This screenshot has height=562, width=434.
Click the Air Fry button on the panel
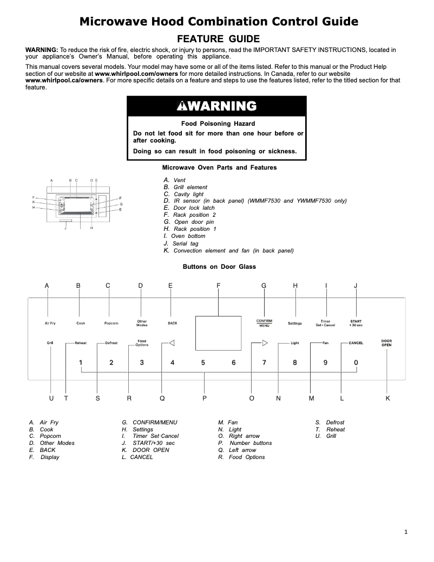pyautogui.click(x=50, y=324)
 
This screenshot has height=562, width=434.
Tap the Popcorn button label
pyautogui.click(x=111, y=324)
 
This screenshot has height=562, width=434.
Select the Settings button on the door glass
pyautogui.click(x=295, y=323)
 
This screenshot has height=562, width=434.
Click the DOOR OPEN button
pyautogui.click(x=386, y=343)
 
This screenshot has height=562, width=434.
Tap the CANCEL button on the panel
pyautogui.click(x=356, y=343)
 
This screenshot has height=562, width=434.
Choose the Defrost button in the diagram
pyautogui.click(x=111, y=343)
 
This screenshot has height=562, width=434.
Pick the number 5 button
pyautogui.click(x=203, y=363)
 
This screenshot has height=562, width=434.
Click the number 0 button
pyautogui.click(x=356, y=363)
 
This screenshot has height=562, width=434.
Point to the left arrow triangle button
pyautogui.click(x=172, y=343)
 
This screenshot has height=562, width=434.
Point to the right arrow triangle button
pyautogui.click(x=265, y=343)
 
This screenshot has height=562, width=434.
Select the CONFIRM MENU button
pyautogui.click(x=264, y=323)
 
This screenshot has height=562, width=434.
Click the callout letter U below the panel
pyautogui.click(x=51, y=398)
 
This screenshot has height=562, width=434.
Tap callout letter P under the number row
pyautogui.click(x=205, y=398)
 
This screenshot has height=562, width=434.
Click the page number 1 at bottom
pyautogui.click(x=406, y=532)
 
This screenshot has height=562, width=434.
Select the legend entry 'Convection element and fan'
pyautogui.click(x=233, y=251)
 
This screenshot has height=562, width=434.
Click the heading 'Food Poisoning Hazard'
pyautogui.click(x=218, y=124)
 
